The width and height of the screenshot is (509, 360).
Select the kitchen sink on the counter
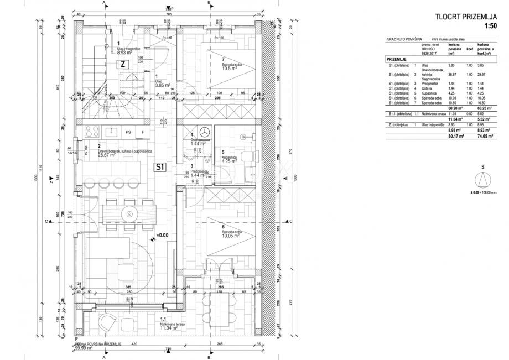point(111,132)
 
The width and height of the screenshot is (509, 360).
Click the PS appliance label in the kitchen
point(128,132)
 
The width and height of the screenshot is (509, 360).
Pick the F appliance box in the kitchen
point(143,132)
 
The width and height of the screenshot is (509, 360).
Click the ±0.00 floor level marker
point(161,235)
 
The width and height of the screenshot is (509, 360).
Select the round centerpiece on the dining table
point(131,213)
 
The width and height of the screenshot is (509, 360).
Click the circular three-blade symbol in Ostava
point(204,132)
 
